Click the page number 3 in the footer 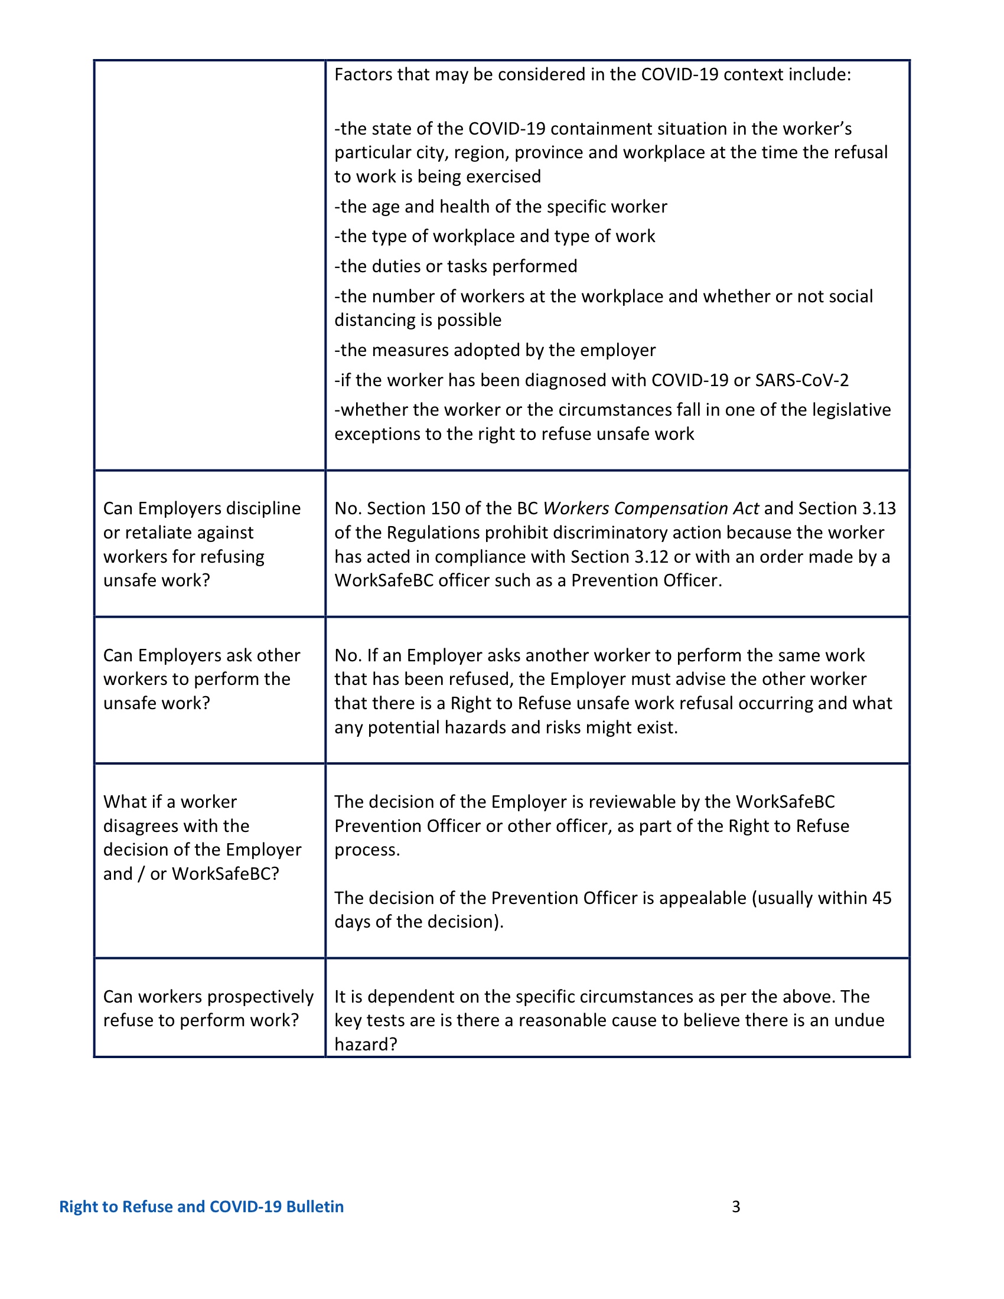[x=736, y=1206]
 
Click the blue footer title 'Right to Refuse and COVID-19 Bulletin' [x=201, y=1206]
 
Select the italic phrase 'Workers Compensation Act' [x=651, y=508]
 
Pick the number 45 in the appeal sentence [x=882, y=897]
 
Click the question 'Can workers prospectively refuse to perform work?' [x=208, y=1008]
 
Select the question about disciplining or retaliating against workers [x=202, y=544]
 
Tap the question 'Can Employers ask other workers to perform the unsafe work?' [x=202, y=679]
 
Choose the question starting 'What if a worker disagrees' [x=202, y=837]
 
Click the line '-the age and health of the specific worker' [x=500, y=207]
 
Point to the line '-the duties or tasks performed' [x=455, y=266]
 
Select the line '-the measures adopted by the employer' [x=495, y=350]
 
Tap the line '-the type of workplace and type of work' [x=494, y=236]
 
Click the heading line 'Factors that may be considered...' [x=592, y=74]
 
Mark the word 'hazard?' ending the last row [x=365, y=1045]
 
